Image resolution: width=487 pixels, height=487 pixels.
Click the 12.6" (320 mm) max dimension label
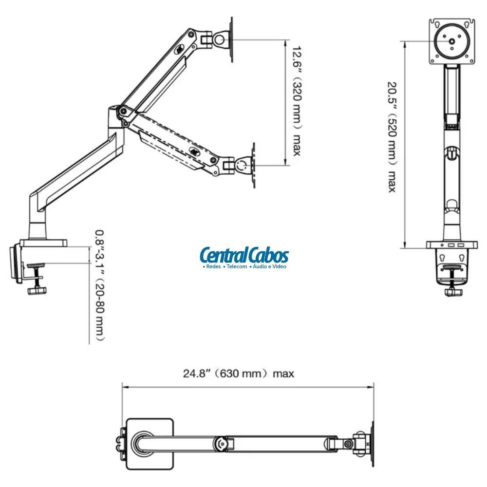[x=295, y=101]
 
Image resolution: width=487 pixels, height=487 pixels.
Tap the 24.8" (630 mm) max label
[x=239, y=374]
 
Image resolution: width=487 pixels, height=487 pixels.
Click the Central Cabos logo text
[x=244, y=255]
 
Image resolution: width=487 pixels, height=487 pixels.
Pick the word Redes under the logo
[x=212, y=266]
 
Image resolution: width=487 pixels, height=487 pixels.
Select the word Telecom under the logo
[x=236, y=266]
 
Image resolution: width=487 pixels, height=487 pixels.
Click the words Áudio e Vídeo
[x=268, y=266]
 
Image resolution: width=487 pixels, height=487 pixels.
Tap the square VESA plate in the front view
[x=452, y=41]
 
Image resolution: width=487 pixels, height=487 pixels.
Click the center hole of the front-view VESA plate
[x=452, y=41]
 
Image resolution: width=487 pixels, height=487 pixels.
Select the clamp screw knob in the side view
[x=37, y=291]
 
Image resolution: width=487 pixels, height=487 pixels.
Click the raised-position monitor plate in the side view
[x=232, y=39]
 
